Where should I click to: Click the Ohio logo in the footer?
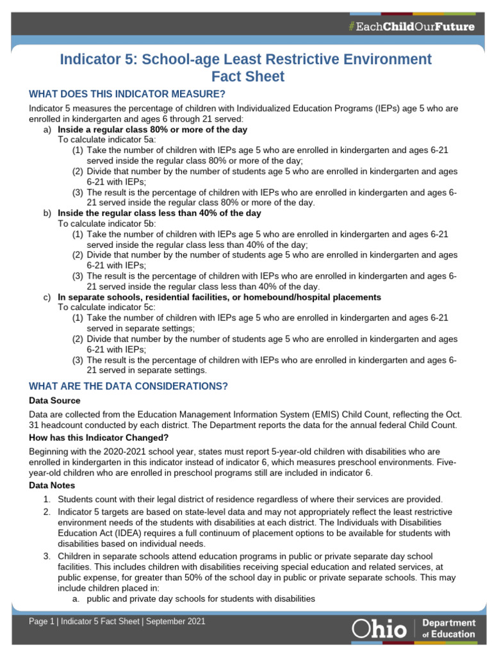coord(379,628)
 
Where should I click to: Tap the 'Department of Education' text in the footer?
coord(448,628)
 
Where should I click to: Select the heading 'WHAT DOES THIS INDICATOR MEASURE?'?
coord(127,94)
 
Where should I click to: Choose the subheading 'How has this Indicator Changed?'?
coord(99,438)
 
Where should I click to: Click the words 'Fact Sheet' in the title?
coord(246,76)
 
